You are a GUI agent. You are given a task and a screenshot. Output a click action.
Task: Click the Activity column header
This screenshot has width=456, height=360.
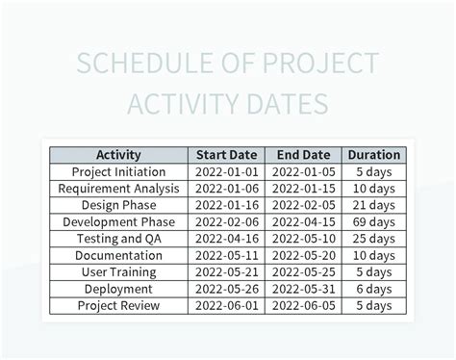(118, 155)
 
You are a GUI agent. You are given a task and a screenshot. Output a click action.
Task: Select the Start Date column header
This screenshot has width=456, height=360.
(227, 155)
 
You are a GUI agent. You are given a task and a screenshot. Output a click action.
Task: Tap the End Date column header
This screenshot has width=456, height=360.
(303, 155)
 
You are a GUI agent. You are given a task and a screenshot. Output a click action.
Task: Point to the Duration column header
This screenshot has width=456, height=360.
(374, 155)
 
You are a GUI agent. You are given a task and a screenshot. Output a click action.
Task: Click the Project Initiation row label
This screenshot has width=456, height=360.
(118, 171)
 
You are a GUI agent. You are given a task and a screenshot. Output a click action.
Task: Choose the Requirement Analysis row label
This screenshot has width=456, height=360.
(118, 189)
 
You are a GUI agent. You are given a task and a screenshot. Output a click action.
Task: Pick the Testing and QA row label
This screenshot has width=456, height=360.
(118, 239)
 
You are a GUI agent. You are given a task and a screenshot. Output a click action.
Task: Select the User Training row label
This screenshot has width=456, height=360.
(118, 272)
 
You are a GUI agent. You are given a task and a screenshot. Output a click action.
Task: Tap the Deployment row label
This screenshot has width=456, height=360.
(118, 289)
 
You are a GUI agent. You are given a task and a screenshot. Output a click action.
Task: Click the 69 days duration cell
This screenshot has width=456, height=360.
(374, 222)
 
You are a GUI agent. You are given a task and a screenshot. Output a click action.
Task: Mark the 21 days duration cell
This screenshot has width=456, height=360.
(374, 205)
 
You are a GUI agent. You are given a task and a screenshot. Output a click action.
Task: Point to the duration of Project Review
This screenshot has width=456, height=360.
(374, 306)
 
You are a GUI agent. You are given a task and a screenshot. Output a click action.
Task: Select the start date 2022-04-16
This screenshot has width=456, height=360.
(227, 239)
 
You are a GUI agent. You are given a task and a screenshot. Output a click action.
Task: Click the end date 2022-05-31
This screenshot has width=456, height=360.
(303, 289)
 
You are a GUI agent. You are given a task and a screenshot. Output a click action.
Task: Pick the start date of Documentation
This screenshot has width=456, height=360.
(227, 256)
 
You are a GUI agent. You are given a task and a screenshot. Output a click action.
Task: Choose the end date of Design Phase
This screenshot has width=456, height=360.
(303, 205)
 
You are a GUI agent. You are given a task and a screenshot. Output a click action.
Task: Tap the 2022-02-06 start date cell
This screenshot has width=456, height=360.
(227, 222)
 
